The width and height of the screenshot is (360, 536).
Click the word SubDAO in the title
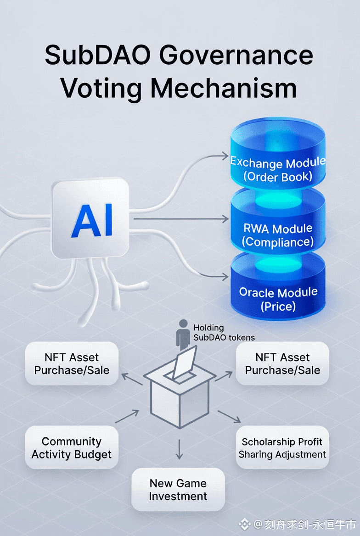click(98, 56)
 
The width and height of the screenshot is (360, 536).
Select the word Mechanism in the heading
click(224, 88)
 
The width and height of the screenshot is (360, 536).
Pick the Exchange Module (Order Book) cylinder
click(278, 156)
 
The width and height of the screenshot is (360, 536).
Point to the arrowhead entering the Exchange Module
click(225, 156)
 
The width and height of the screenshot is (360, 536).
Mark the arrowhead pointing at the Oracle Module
click(225, 277)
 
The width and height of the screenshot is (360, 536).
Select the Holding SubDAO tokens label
click(224, 333)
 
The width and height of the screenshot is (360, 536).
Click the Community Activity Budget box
click(72, 447)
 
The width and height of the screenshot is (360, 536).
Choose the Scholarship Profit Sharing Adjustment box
click(282, 448)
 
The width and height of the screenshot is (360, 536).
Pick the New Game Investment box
click(178, 490)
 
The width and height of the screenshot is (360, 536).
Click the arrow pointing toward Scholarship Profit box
click(229, 416)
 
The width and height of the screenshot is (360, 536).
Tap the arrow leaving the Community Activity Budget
click(127, 416)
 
